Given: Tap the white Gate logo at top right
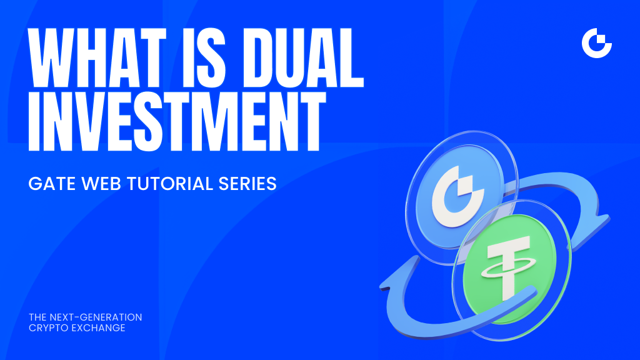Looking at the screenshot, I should click(596, 43).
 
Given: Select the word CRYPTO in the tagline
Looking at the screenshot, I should click(49, 328).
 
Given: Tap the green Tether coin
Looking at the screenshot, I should click(509, 269).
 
